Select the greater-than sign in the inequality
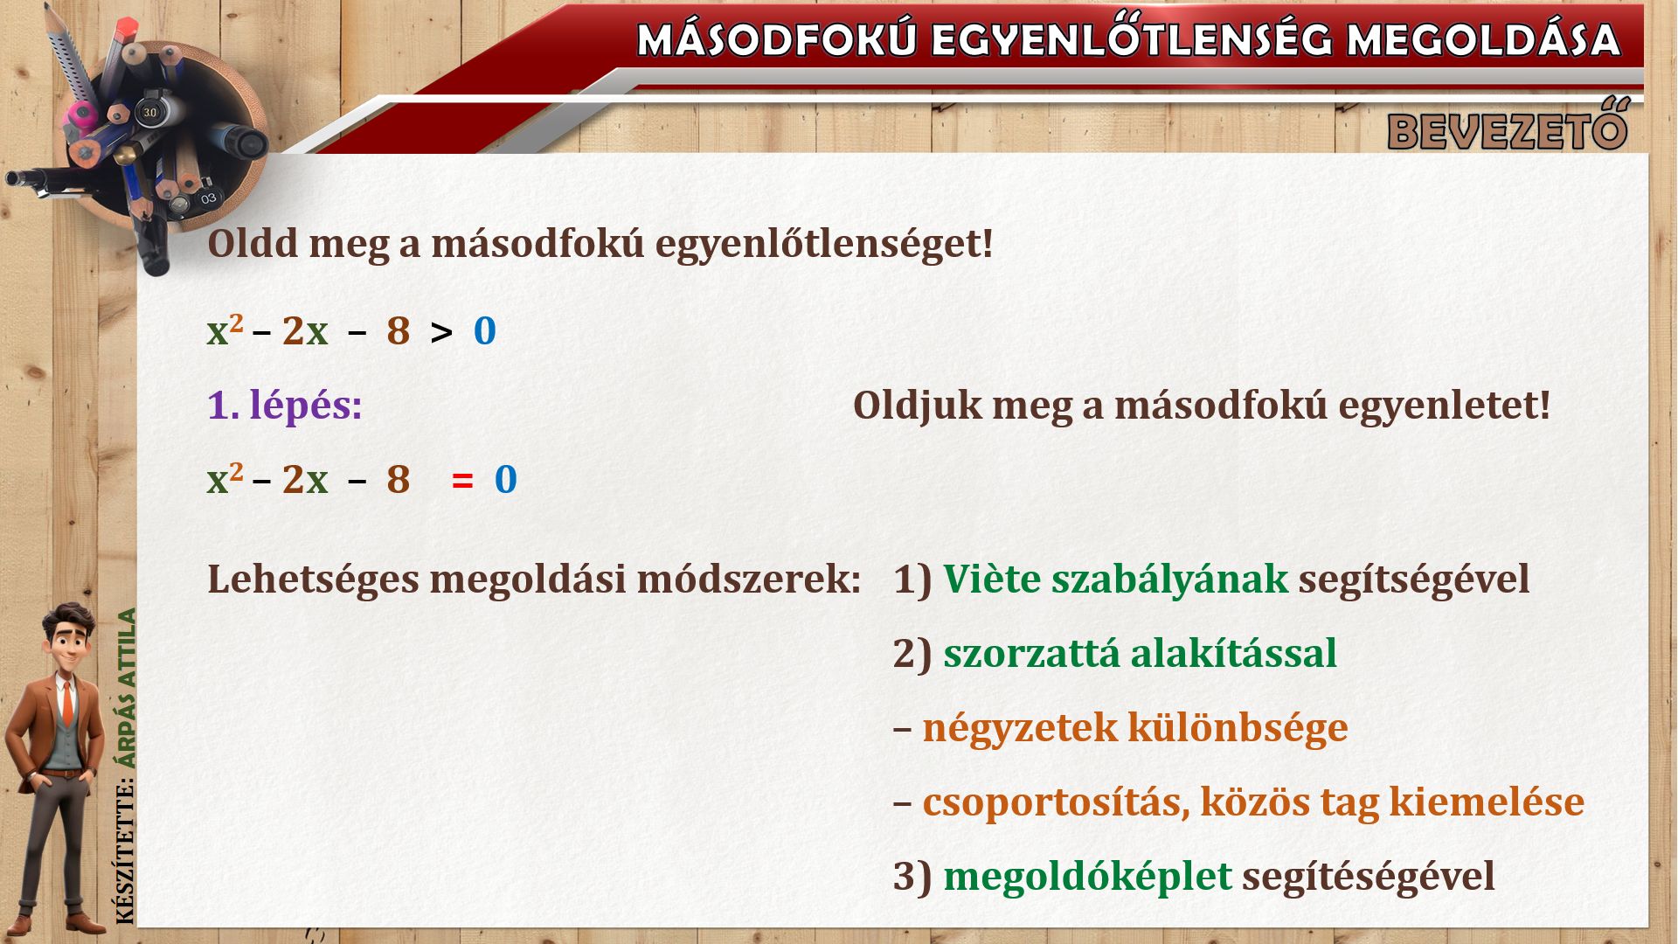tap(442, 332)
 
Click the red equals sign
tap(462, 480)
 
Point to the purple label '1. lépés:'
tap(285, 406)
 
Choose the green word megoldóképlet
tap(1087, 877)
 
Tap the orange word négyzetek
tap(1020, 728)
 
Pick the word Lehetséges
tap(313, 580)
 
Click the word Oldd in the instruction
tap(253, 243)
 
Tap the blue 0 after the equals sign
tap(506, 480)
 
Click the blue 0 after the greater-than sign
tap(485, 331)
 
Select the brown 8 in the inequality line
tap(399, 331)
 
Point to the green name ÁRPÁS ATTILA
tap(128, 689)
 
